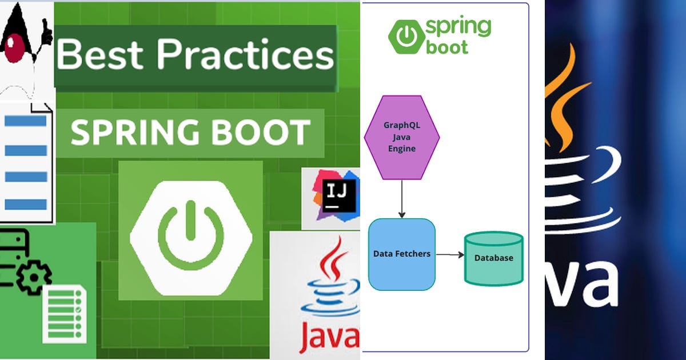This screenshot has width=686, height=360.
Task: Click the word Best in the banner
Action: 101,56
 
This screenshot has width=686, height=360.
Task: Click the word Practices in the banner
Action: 245,56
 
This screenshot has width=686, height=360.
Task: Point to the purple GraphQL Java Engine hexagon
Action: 402,137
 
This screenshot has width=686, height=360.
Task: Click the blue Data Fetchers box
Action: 402,254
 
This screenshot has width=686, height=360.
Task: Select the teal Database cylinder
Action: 493,258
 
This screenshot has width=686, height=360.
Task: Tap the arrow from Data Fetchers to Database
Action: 450,255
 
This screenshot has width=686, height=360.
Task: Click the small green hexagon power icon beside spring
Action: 406,37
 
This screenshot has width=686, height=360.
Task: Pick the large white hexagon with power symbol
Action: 190,238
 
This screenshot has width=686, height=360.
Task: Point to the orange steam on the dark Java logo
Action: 563,103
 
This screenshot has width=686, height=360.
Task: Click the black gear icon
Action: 33,278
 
